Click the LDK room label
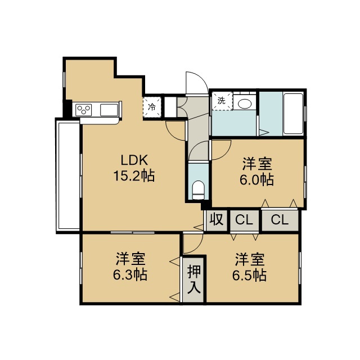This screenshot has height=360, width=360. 134,160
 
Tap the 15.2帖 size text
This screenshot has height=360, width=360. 134,176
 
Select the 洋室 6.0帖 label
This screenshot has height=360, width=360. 257,171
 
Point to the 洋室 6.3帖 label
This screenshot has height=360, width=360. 130,267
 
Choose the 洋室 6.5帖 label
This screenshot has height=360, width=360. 249,267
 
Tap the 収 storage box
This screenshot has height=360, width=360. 217,220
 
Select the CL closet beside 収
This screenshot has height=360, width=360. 244,220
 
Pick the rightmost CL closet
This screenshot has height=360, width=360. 280,220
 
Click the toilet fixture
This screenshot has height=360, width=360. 198,190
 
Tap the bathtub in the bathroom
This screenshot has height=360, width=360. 293,114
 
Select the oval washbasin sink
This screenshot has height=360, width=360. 245,104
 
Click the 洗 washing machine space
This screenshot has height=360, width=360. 222,101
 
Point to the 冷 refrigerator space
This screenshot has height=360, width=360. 152,107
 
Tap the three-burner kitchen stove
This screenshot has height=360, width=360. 84,110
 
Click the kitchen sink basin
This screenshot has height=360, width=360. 109,110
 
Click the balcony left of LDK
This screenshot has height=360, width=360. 68,175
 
